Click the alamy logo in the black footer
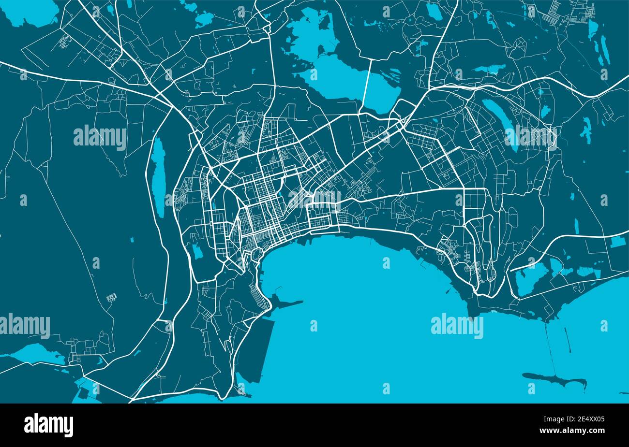point(48,425)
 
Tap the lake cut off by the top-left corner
point(29,12)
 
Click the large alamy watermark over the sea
point(457,327)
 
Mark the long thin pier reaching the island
point(550,348)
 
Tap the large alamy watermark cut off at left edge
point(24,324)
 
